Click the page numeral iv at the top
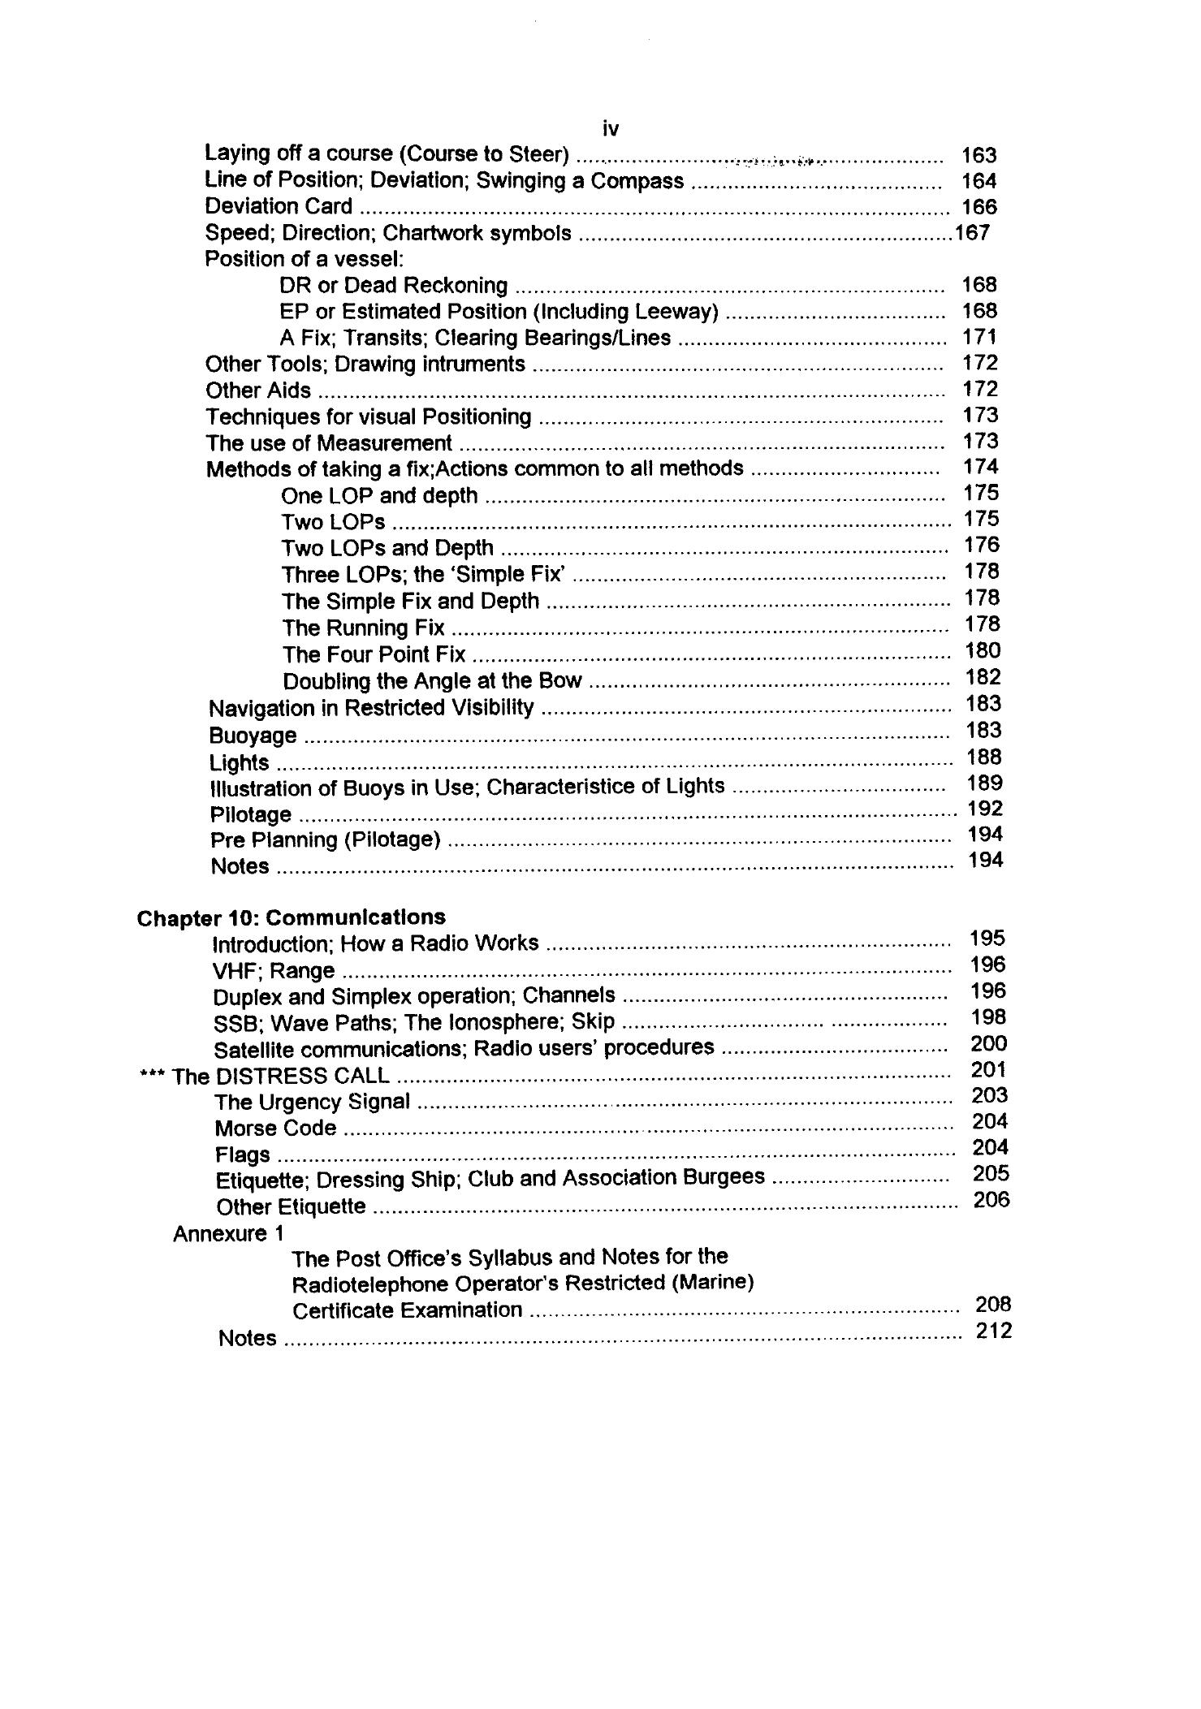(611, 128)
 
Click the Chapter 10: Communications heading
(291, 917)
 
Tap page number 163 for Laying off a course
(979, 155)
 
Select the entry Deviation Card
(279, 206)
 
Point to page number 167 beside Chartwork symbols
(972, 233)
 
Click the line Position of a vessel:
(304, 259)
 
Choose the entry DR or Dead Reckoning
(393, 286)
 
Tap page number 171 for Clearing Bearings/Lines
(979, 337)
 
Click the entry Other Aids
(258, 391)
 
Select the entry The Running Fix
(363, 628)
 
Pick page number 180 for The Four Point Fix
(983, 650)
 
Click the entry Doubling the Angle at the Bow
(432, 680)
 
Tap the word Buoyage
(253, 736)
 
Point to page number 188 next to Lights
(984, 757)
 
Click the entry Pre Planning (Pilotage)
(325, 839)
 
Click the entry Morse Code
(275, 1128)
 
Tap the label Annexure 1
(228, 1234)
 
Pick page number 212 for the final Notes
(994, 1331)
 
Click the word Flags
(242, 1154)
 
